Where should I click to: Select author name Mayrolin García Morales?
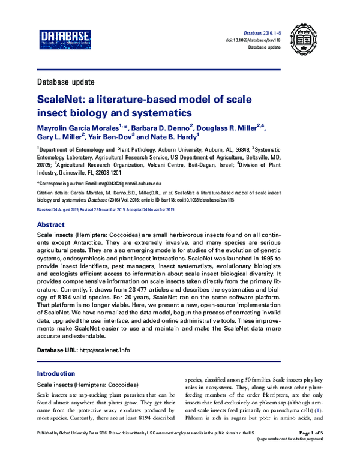pyautogui.click(x=77, y=127)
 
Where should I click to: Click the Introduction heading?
pyautogui.click(x=56, y=373)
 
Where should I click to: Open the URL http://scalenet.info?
pyautogui.click(x=105, y=349)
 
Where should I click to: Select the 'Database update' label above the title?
pyautogui.click(x=64, y=81)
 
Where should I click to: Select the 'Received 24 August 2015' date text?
pyautogui.click(x=60, y=209)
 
